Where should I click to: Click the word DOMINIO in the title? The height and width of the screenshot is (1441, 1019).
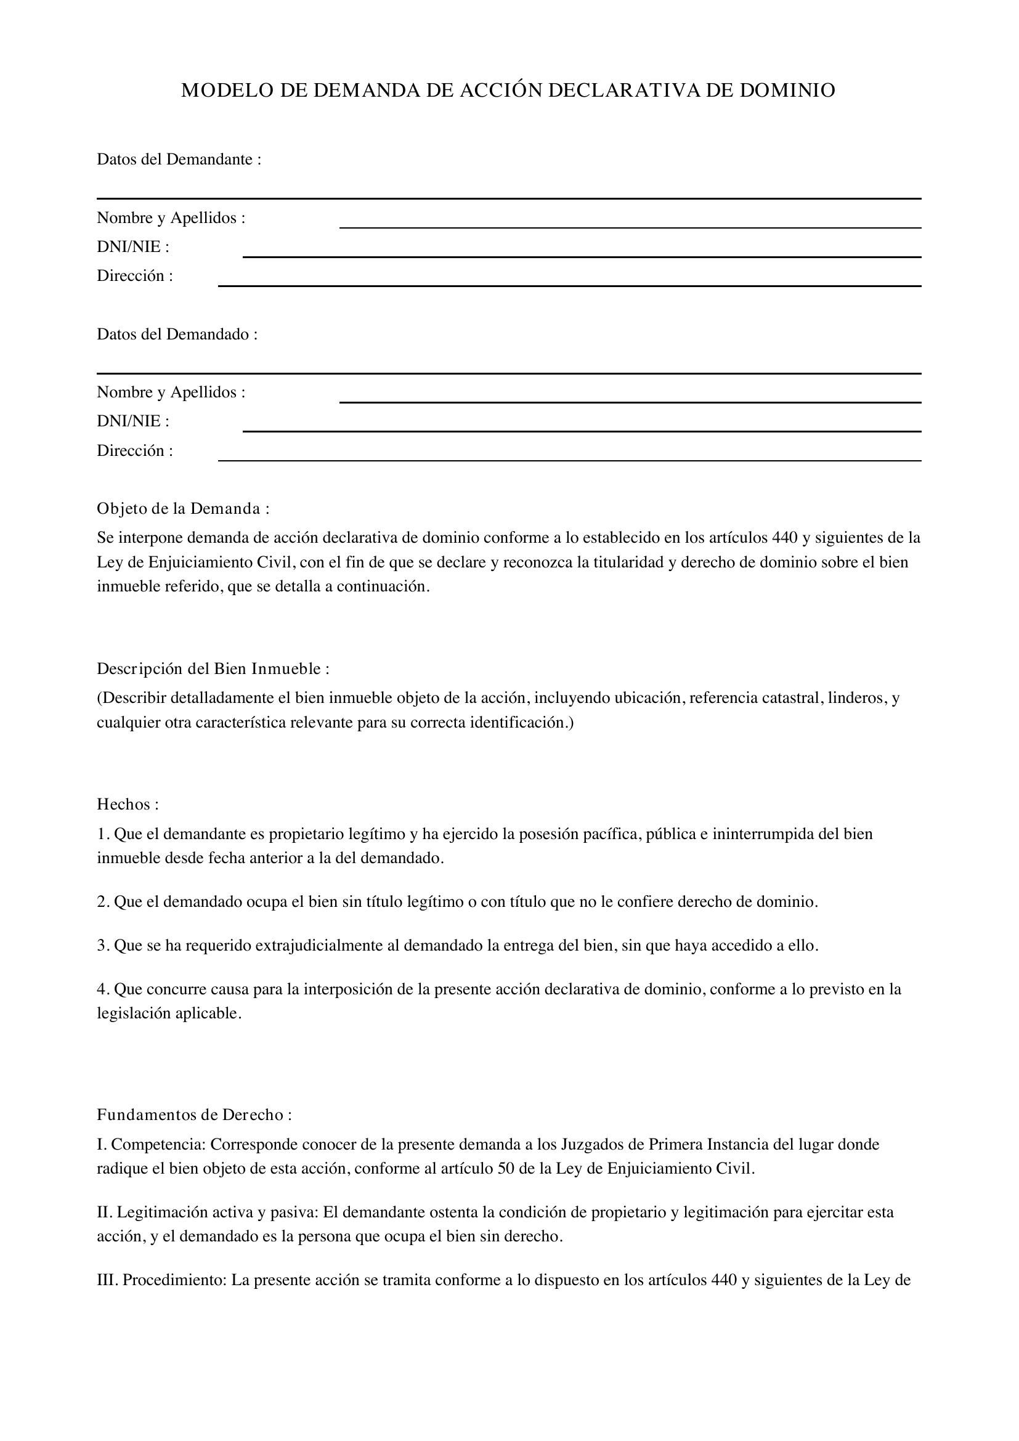(x=787, y=91)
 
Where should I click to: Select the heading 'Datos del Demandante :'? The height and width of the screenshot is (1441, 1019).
(x=179, y=160)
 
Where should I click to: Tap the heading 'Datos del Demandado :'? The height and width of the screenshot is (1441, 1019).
(x=177, y=335)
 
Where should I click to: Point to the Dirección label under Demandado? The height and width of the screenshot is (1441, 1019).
(x=134, y=450)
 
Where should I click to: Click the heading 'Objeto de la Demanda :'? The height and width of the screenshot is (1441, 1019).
(x=182, y=508)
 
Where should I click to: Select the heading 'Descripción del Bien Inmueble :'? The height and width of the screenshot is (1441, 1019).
(x=213, y=669)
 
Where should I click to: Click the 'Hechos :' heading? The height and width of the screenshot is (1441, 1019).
(x=128, y=805)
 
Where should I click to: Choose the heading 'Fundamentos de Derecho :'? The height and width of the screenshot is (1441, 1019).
(x=194, y=1114)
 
